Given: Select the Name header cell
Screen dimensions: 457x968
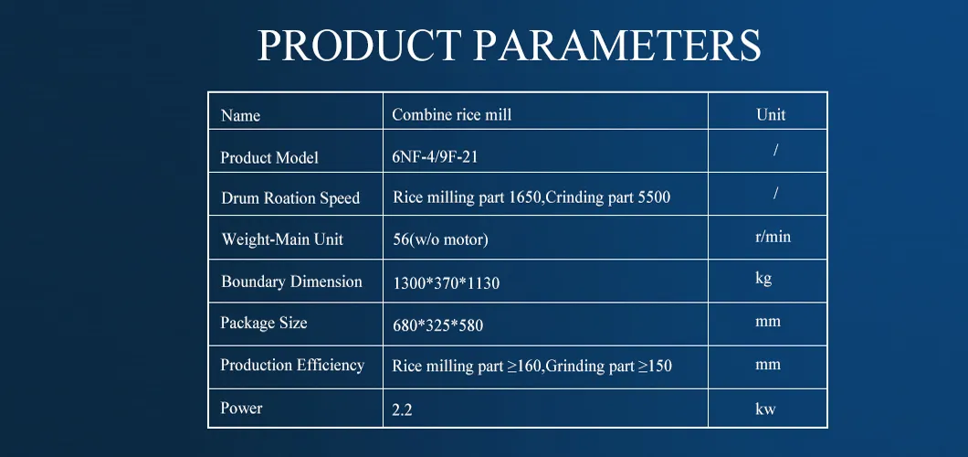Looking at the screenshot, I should click(x=240, y=115).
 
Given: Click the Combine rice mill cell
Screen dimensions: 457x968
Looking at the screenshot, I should click(x=451, y=114).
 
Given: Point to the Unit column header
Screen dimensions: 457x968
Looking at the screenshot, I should click(x=771, y=114).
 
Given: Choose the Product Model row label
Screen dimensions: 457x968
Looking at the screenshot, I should click(x=269, y=157).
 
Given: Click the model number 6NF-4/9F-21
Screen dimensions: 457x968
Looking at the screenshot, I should click(x=435, y=157).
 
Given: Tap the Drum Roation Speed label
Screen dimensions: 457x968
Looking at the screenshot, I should click(x=290, y=198).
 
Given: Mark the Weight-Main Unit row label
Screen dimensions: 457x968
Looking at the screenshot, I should click(x=282, y=239).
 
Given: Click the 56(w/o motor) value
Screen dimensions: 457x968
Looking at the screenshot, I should click(x=440, y=239).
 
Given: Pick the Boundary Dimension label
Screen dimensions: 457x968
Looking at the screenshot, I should click(x=291, y=282).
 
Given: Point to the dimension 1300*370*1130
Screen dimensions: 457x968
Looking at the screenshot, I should click(x=446, y=283).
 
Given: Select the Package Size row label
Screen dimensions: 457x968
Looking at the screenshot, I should click(x=264, y=323).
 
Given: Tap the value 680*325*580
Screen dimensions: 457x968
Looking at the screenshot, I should click(x=438, y=325).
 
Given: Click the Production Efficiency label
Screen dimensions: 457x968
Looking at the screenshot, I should click(x=292, y=365).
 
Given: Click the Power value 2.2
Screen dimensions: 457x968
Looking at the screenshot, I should click(x=402, y=410).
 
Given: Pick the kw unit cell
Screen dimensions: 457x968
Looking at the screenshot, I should click(x=765, y=409).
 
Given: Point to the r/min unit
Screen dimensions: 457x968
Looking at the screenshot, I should click(x=767, y=237).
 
